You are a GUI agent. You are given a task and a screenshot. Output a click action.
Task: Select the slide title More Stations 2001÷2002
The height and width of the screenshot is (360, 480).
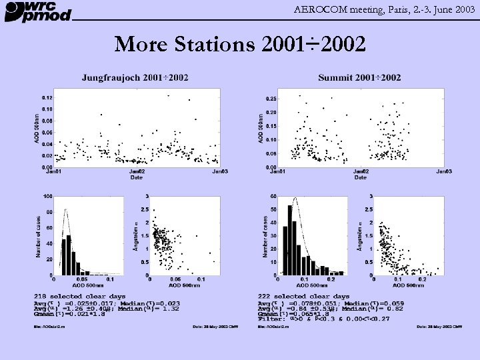(x=239, y=44)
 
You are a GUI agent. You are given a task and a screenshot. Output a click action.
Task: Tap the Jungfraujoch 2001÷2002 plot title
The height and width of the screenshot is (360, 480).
(x=135, y=77)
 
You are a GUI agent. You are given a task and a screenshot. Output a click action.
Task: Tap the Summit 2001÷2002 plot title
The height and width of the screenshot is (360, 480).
(x=359, y=77)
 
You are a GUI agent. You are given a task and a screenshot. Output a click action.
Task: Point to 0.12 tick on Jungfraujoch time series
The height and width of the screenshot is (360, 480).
(x=47, y=97)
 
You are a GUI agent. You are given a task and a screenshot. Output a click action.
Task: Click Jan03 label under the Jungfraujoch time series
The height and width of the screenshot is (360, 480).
(x=220, y=172)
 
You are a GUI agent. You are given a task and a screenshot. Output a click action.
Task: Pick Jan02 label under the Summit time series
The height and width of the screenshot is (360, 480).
(x=360, y=172)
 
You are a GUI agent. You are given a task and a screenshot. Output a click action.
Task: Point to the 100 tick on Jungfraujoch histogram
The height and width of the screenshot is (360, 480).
(x=48, y=196)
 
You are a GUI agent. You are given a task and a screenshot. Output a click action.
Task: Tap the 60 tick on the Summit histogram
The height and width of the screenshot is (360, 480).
(x=273, y=196)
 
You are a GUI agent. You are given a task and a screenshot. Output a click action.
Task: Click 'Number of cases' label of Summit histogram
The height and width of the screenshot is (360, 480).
(x=265, y=235)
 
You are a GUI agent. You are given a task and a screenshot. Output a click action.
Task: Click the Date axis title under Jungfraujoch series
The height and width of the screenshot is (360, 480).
(x=136, y=178)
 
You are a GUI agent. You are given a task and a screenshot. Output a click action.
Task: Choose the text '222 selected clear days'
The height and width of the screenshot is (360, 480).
(x=303, y=296)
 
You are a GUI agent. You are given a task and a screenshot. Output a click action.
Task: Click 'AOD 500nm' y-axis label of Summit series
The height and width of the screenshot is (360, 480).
(x=260, y=127)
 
